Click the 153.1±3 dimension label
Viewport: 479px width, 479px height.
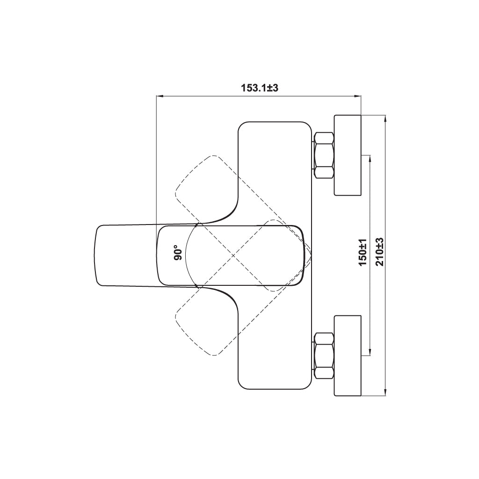(260, 88)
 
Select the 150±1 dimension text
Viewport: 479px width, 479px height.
(363, 253)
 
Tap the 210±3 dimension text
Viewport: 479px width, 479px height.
(380, 252)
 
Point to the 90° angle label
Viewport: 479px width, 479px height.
(178, 253)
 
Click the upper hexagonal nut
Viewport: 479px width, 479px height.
(324, 155)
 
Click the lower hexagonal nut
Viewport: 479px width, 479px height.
(324, 356)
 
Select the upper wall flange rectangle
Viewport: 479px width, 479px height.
(348, 155)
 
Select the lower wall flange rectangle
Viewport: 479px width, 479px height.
(348, 356)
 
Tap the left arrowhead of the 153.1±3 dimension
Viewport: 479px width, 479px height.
(159, 96)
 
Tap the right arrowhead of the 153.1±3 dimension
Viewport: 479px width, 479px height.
(358, 96)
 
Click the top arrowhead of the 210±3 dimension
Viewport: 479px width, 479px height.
(386, 118)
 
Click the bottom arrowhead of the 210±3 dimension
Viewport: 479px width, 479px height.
(386, 393)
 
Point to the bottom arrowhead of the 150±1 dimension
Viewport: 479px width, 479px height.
(370, 353)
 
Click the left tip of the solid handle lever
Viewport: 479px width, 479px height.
(94, 255)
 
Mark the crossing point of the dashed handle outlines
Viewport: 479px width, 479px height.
(233, 255)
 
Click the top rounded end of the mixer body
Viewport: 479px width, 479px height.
(274, 122)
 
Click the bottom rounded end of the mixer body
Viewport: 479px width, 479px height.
(274, 389)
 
